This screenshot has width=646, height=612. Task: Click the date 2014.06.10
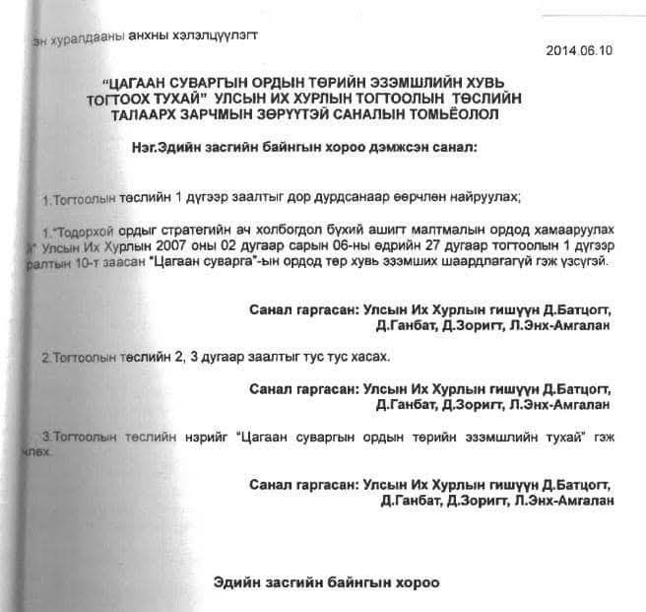[579, 50]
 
